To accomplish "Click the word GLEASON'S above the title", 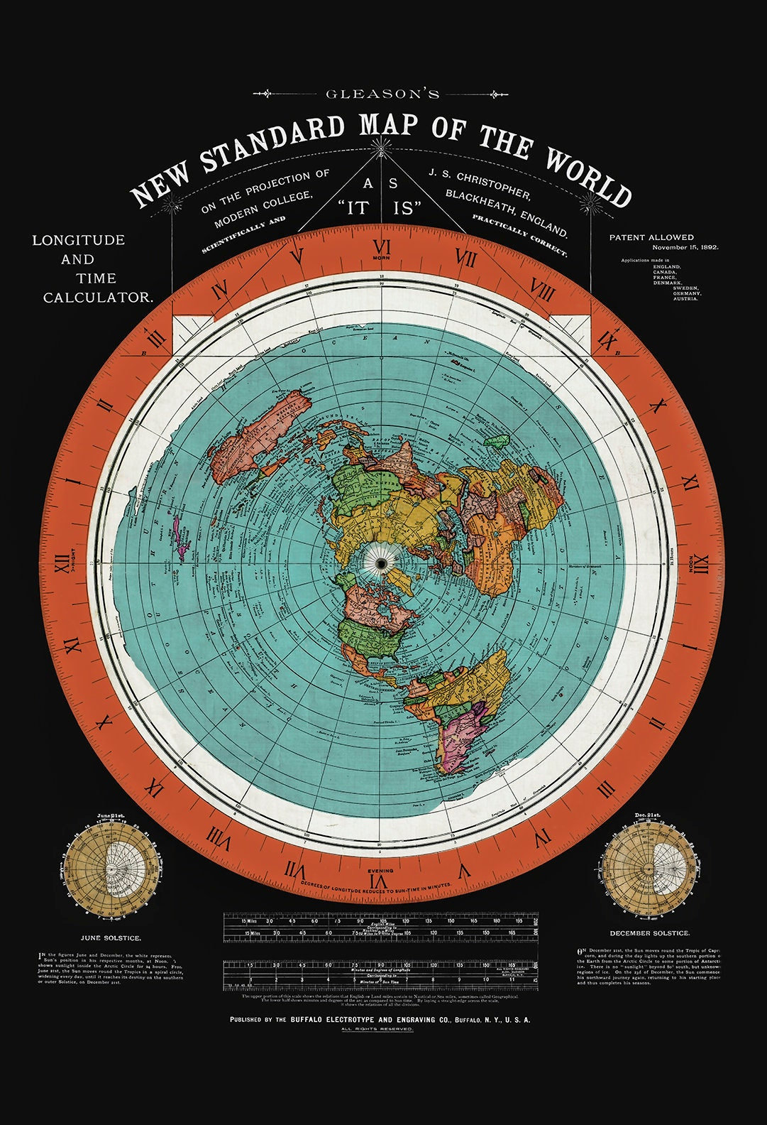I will click(x=382, y=94).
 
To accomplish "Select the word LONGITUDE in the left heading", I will click(x=78, y=240).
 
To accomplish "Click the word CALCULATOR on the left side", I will click(x=98, y=298).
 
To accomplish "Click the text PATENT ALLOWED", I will click(x=651, y=237).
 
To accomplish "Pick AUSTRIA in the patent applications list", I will click(x=686, y=299).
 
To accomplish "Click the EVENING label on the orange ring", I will click(x=381, y=870).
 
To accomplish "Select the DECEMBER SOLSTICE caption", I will click(x=649, y=932).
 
